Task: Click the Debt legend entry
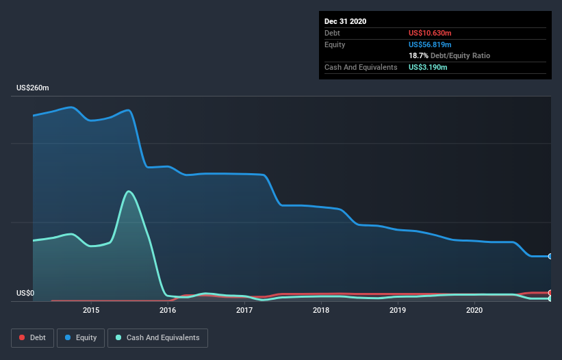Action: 31,337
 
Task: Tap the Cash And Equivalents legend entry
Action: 157,337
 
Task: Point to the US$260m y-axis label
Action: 33,88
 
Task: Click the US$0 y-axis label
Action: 25,294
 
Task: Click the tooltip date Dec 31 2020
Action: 346,21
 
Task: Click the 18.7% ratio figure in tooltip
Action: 418,55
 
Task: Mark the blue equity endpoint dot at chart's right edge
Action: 550,256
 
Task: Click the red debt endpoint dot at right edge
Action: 550,293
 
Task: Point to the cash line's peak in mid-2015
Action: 129,191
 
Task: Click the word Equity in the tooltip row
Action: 335,44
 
